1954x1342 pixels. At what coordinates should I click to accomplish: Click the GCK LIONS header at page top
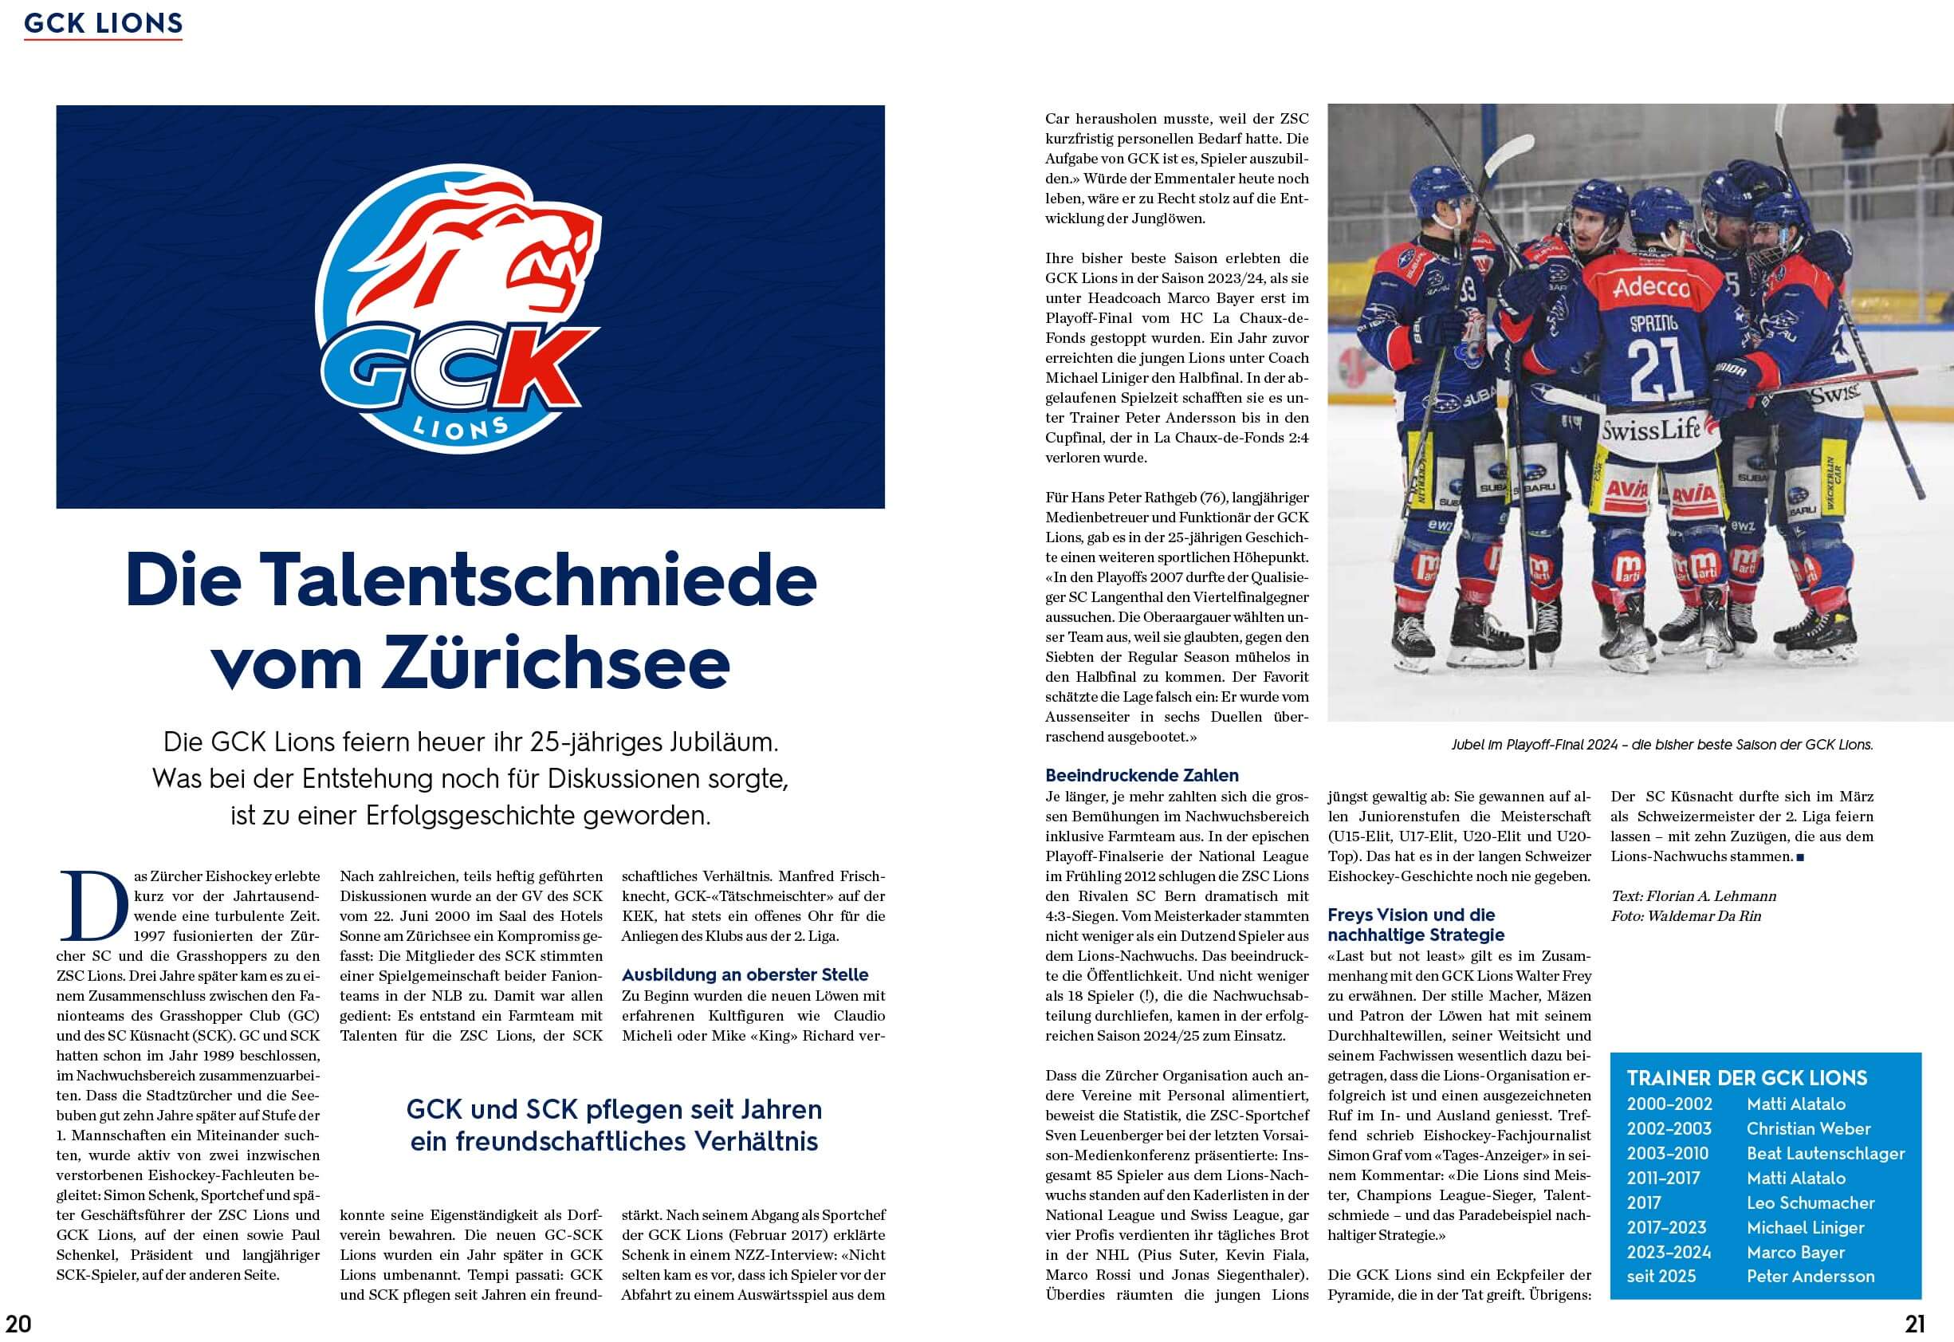[103, 24]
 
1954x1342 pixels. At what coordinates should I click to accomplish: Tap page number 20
[18, 1324]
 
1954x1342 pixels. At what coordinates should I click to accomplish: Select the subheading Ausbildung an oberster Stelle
[745, 974]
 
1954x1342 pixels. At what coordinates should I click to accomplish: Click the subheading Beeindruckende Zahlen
[1141, 775]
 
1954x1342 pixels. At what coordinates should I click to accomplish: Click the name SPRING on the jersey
[1653, 323]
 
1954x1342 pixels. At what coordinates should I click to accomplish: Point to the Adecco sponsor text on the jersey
[1651, 288]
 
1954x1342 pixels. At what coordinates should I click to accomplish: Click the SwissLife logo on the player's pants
[1649, 431]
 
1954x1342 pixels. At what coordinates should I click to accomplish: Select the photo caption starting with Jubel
[1661, 745]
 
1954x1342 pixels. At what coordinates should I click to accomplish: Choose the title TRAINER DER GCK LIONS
[1747, 1078]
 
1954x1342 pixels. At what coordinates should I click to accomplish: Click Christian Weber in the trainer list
[1807, 1128]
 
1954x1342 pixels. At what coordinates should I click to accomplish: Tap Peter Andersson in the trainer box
[1810, 1276]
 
